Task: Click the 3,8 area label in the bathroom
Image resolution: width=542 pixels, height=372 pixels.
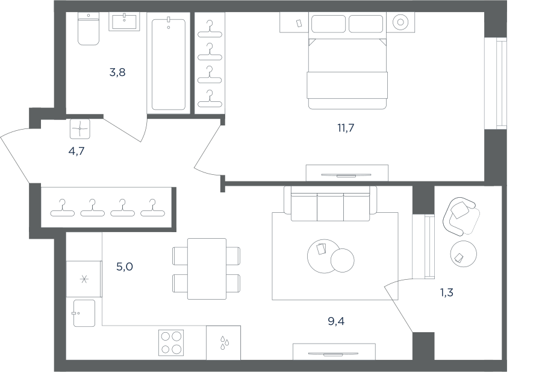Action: [x=117, y=73]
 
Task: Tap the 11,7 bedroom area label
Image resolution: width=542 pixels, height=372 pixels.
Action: [x=346, y=128]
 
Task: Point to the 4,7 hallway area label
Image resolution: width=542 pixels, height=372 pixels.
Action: [x=76, y=151]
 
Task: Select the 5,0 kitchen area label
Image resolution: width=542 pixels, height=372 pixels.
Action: [x=125, y=267]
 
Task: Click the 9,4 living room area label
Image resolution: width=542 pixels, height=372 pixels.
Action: [x=336, y=321]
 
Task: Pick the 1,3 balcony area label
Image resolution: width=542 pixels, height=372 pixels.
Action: [x=446, y=293]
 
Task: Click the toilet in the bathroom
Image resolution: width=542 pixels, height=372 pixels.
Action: [x=89, y=29]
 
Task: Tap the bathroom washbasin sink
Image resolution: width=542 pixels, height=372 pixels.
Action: [x=125, y=22]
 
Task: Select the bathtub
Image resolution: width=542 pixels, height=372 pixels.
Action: [x=169, y=63]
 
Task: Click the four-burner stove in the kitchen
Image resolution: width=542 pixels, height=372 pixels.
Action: [x=171, y=342]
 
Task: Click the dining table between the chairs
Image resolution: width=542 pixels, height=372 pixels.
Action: [x=207, y=269]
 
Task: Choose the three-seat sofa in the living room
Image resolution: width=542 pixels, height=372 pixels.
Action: [x=331, y=203]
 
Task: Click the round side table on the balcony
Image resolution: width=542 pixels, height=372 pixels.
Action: [x=464, y=254]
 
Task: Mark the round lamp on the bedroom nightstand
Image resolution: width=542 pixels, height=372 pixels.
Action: [x=400, y=22]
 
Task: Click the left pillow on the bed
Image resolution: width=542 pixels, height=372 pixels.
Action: [x=328, y=24]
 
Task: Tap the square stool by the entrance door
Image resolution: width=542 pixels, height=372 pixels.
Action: [x=80, y=129]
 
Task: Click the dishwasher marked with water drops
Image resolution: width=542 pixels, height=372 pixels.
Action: [x=223, y=342]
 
